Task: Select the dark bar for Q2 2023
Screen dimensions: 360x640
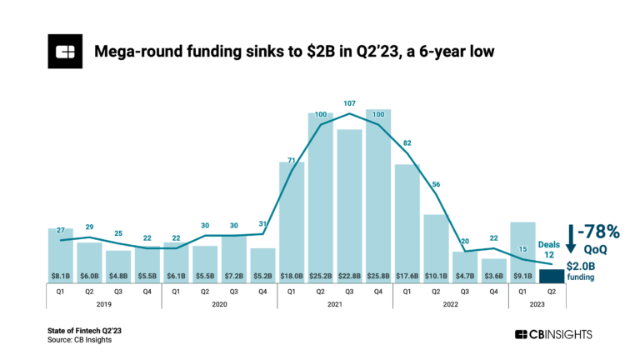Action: tap(551, 276)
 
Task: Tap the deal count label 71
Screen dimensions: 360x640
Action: tap(292, 159)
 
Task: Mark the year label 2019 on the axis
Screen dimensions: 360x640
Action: tap(104, 305)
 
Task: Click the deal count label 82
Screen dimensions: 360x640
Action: tap(407, 143)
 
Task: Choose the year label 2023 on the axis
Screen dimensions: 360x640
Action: tap(537, 305)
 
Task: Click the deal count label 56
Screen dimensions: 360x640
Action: tap(435, 184)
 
